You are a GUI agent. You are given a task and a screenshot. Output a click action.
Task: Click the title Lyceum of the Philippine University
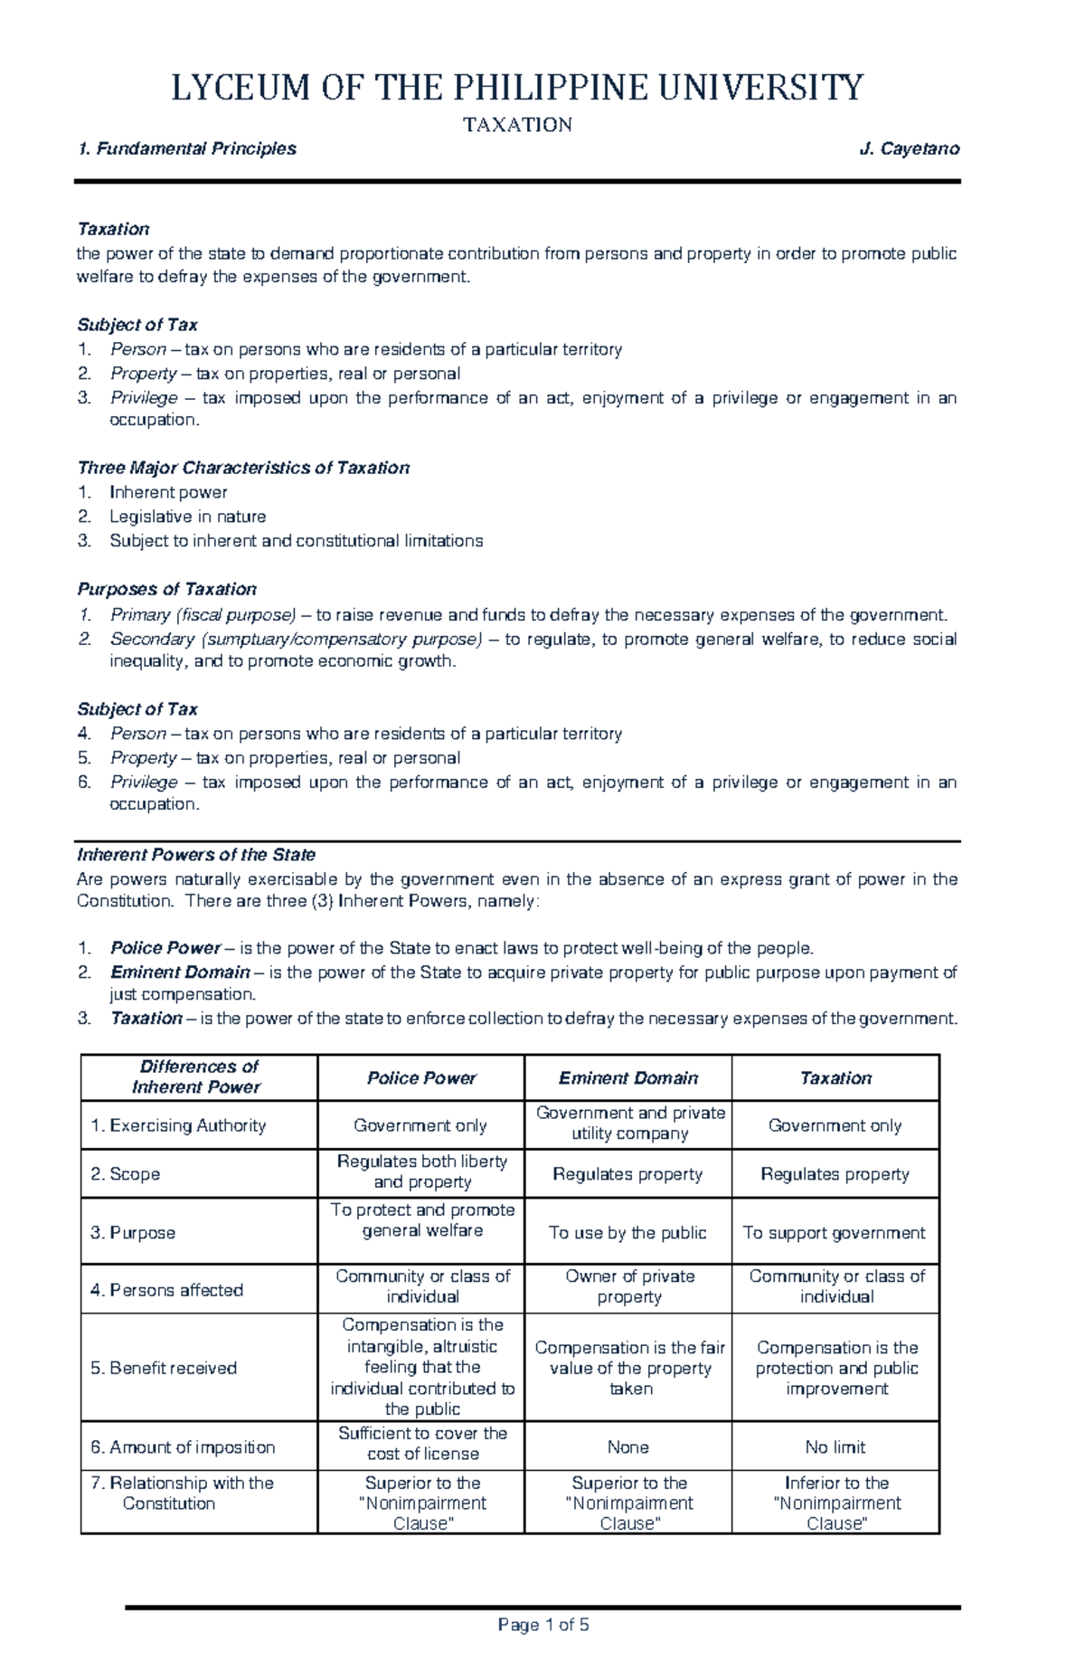517,88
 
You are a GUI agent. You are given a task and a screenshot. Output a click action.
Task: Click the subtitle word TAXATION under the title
517,125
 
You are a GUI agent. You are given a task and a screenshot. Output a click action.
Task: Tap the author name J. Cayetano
909,148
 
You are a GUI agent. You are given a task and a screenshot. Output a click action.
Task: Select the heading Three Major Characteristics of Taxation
243,468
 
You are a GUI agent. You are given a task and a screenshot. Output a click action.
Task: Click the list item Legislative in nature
187,517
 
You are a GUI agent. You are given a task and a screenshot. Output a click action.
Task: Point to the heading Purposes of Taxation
166,589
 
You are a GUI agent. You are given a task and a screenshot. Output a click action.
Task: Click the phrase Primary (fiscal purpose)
203,615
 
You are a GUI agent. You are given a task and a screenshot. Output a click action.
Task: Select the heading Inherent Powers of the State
196,855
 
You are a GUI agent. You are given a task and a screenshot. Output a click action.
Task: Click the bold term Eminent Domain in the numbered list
180,972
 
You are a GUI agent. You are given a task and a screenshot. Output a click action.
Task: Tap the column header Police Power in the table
421,1077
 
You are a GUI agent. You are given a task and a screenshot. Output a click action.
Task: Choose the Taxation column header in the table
835,1077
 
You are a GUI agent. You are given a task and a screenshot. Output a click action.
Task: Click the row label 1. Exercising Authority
178,1125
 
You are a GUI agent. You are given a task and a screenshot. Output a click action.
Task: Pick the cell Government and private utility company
630,1123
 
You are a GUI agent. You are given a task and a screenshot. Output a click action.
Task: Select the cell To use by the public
627,1233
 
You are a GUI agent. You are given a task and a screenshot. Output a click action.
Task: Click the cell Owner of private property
629,1285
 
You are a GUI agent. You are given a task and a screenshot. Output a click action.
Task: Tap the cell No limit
835,1447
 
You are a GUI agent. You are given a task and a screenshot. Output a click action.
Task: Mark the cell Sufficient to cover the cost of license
422,1443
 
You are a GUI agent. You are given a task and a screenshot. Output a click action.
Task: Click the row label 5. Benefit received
164,1368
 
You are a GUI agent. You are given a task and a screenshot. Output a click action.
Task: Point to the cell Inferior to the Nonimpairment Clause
836,1503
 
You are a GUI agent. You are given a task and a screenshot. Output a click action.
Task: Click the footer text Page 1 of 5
543,1625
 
